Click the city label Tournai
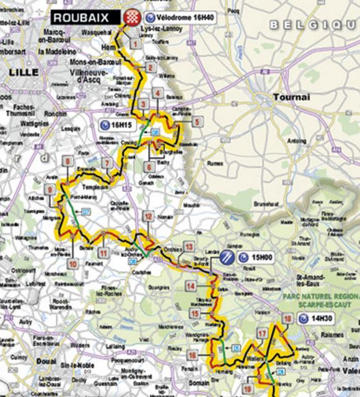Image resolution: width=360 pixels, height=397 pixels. [286, 98]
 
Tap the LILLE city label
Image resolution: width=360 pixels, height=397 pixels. [24, 72]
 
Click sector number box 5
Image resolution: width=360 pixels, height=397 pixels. [196, 121]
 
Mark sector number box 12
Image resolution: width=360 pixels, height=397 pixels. [148, 216]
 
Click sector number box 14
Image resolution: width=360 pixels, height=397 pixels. [191, 286]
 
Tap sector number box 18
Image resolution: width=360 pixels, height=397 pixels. [287, 319]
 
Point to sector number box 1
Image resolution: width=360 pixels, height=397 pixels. [134, 44]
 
